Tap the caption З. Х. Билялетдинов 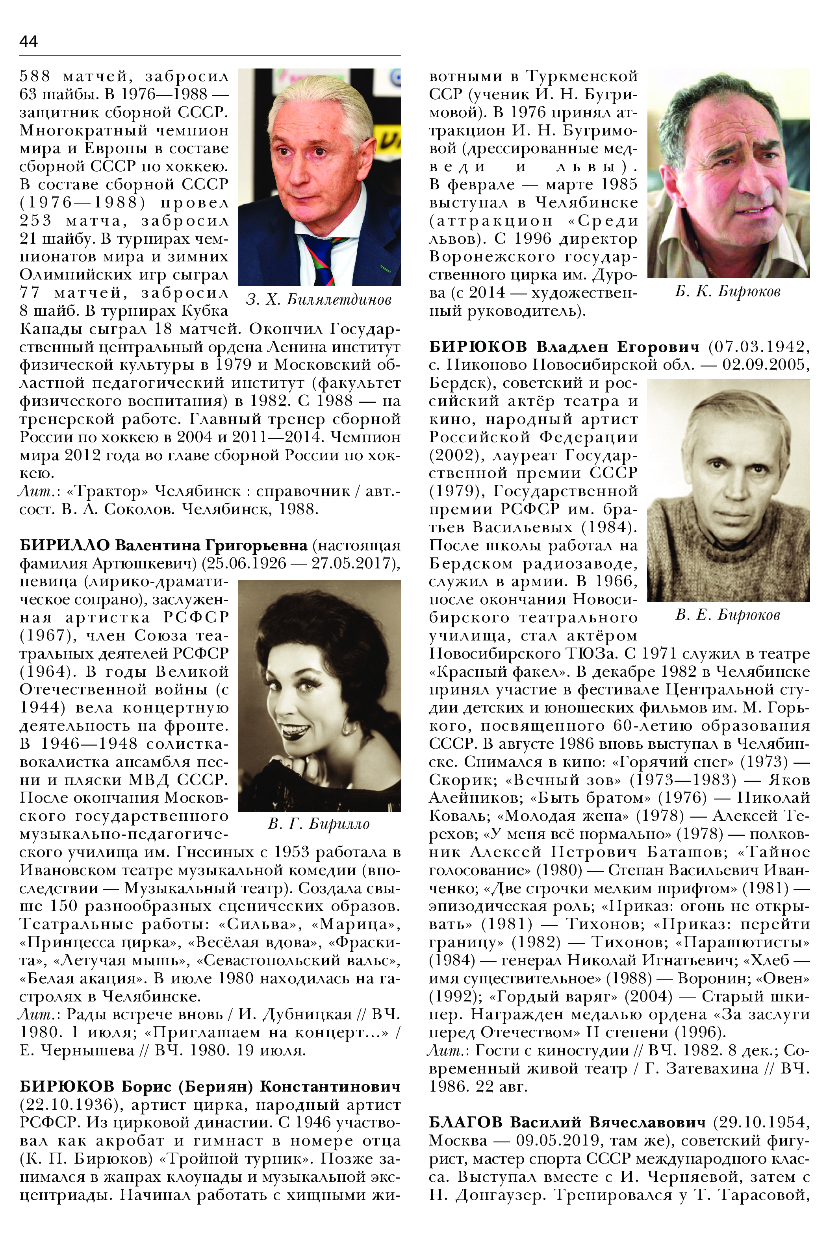pos(319,300)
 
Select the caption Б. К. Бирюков pos(727,292)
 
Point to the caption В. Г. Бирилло pos(319,824)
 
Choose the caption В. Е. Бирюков pos(727,615)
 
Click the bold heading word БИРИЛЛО pos(64,545)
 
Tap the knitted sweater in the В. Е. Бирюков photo pos(728,564)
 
